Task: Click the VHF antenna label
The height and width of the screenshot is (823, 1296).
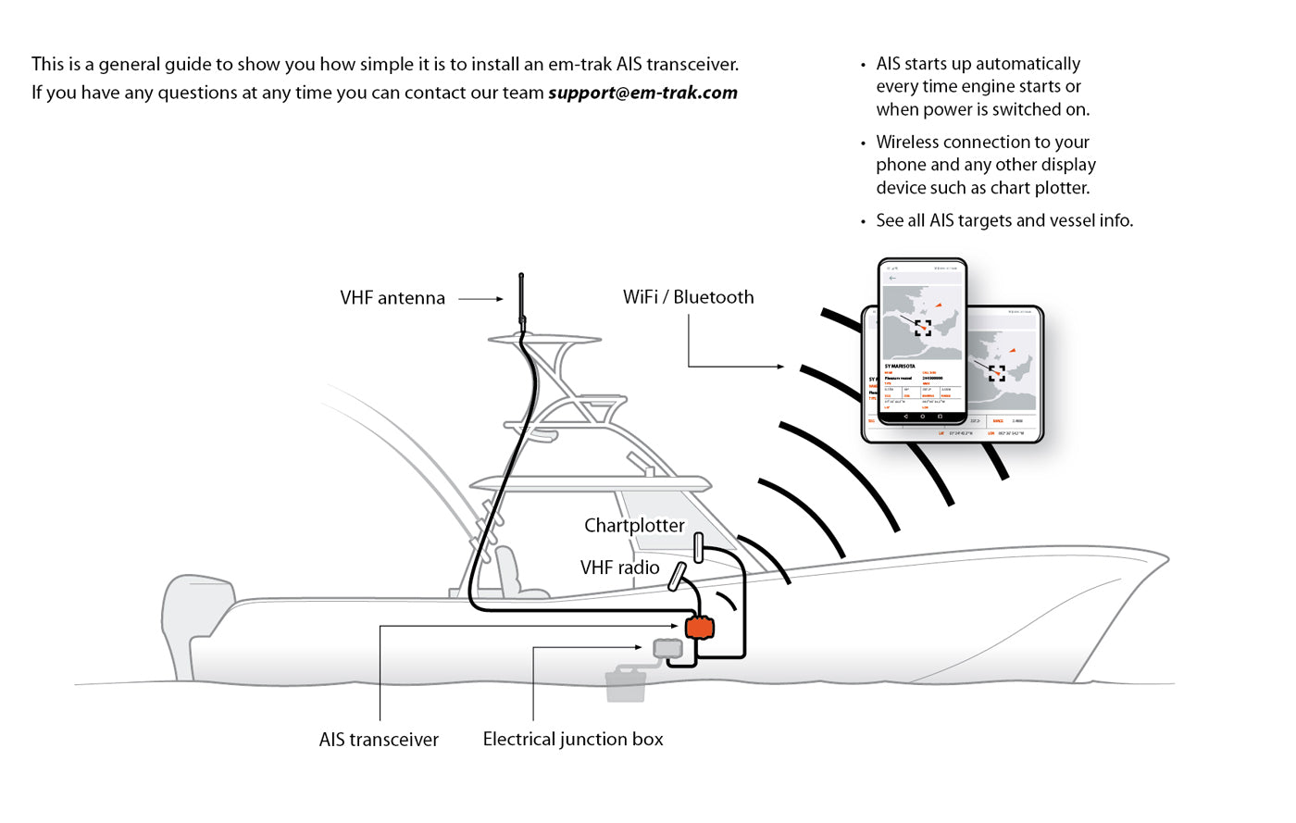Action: [393, 298]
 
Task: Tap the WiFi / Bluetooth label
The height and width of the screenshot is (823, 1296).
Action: [688, 297]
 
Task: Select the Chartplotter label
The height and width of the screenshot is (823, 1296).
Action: [634, 526]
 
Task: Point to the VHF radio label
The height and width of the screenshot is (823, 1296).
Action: [619, 567]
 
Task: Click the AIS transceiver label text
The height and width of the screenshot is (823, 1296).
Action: [379, 740]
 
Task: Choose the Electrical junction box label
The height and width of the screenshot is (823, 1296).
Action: [573, 739]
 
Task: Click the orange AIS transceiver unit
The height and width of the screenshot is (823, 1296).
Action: [700, 628]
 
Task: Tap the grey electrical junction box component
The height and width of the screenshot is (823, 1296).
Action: [667, 649]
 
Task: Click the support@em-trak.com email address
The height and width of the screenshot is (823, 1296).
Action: [642, 93]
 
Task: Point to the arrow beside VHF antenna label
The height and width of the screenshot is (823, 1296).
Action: [481, 299]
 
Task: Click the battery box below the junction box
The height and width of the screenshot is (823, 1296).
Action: [626, 685]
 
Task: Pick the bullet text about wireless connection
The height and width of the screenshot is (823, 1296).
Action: [985, 165]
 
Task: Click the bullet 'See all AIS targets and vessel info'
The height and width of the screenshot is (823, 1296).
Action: [1004, 220]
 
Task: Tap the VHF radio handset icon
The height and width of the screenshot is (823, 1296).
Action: [677, 576]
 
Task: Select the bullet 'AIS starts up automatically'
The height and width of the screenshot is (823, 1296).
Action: [982, 86]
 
